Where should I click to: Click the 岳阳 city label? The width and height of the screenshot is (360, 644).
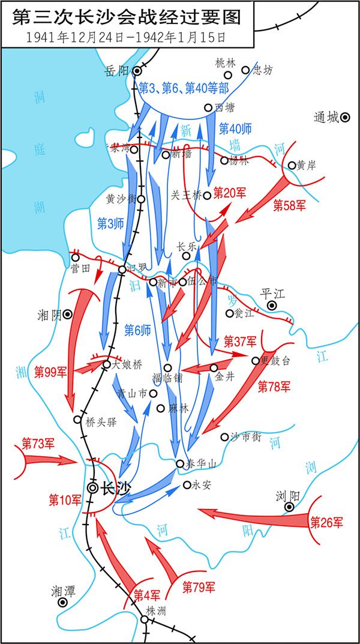tap(116, 71)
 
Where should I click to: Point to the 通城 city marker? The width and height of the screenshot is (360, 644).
tap(346, 118)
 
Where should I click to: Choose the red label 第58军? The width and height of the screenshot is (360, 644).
tap(289, 205)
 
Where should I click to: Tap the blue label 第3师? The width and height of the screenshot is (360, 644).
tap(110, 223)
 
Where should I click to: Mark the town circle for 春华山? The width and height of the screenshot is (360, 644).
tap(180, 463)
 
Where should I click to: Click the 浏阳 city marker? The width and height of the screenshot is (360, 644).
tap(289, 507)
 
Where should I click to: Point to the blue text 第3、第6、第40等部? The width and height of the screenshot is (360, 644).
tap(184, 88)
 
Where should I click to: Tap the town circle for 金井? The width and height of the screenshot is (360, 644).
tap(214, 367)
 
